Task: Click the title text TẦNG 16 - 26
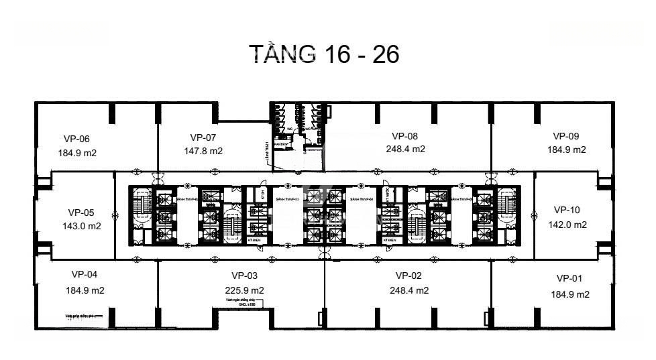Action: pos(325,54)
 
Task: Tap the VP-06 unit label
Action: pos(76,139)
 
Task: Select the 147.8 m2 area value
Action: pos(203,152)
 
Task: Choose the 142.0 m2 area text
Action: pos(567,225)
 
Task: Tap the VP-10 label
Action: pos(567,210)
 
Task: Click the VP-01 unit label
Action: pos(570,278)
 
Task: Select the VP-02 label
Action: pos(409,276)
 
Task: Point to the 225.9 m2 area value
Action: pos(244,290)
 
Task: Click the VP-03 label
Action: pos(244,276)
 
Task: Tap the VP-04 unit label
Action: pos(85,274)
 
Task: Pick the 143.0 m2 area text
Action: pos(82,226)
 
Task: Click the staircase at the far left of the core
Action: pos(142,202)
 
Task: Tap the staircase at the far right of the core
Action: pos(507,202)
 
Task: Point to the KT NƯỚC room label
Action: pos(390,192)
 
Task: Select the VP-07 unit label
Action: pos(203,137)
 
